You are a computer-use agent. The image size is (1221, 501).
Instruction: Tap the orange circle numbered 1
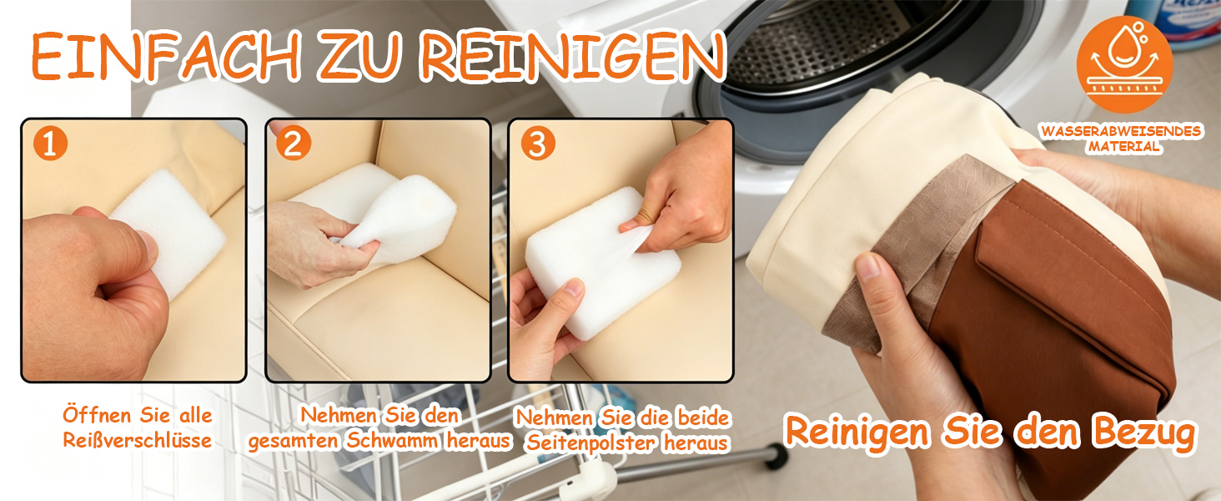pos(50,144)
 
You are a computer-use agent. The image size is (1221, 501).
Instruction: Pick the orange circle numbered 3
pos(537,144)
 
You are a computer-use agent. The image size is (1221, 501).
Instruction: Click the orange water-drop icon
pos(1124,64)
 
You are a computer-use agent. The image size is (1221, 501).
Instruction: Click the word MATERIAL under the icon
pos(1123,147)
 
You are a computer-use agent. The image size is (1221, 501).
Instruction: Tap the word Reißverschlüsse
pos(138,440)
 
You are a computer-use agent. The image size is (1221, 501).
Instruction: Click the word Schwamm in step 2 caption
pos(392,441)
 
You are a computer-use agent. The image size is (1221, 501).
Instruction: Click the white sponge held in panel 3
pos(602,262)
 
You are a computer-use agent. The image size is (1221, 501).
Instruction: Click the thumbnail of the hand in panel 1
pos(147,245)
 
